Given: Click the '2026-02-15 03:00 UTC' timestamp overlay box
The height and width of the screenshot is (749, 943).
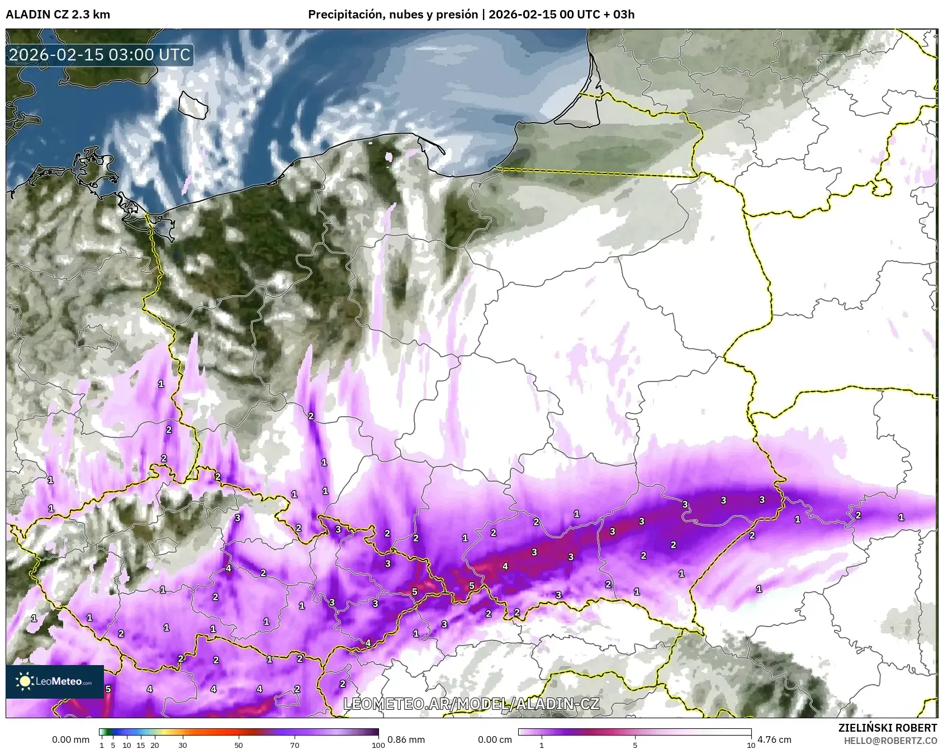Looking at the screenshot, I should [99, 55].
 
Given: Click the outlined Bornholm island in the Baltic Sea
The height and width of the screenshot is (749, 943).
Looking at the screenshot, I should [193, 105].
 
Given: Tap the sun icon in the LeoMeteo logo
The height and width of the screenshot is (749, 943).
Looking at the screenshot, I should [25, 681].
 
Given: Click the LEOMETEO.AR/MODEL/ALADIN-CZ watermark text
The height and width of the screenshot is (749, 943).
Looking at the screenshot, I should [471, 704].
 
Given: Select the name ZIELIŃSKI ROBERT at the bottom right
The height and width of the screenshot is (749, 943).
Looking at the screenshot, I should [888, 728].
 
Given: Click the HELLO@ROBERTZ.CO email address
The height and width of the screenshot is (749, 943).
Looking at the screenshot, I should [890, 740].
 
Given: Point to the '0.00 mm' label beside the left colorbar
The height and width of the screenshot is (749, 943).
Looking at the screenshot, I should [70, 739].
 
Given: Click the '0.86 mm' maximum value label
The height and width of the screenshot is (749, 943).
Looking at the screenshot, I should [406, 739].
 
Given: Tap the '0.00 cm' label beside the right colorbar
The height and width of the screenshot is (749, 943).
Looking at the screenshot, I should [495, 739].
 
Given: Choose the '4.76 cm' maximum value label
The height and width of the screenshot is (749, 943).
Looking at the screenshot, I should [774, 739].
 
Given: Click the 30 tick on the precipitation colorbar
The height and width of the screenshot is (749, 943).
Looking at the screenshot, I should [183, 745].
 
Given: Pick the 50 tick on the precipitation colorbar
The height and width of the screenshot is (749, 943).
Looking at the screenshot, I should [239, 745].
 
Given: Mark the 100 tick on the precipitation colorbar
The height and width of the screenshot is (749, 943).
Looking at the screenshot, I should [378, 745].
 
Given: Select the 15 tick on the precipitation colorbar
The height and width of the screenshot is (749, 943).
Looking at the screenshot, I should [141, 745].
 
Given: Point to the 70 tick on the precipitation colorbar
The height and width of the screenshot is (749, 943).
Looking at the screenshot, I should [295, 745].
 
